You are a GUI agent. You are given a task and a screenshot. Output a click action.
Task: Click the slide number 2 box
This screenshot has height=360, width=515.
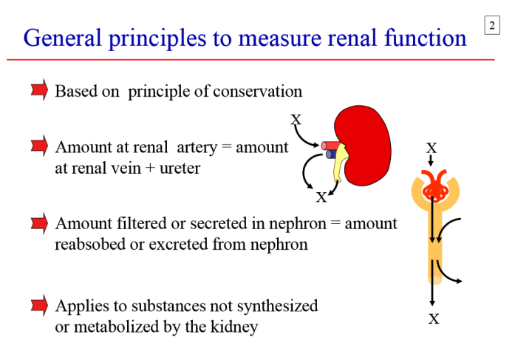coord(492,27)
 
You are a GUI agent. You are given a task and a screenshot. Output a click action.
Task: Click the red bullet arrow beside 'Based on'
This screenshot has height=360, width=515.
coord(40,90)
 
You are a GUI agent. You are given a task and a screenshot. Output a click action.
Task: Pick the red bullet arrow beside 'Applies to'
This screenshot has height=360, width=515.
coord(40,305)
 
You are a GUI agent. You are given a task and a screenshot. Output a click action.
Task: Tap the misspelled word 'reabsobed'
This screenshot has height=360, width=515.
coord(90,243)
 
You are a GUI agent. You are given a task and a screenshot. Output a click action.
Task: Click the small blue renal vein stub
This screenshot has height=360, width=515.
coord(329,154)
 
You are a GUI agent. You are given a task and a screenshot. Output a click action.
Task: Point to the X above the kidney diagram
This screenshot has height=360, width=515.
coord(296,119)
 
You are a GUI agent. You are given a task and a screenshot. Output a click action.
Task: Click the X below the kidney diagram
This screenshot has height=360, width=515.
coord(321,197)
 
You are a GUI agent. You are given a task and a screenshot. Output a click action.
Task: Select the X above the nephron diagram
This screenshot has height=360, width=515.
coord(432,148)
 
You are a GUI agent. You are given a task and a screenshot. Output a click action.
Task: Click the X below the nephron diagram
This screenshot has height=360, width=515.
coord(434,319)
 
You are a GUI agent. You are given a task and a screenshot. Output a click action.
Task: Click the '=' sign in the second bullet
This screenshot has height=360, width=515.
coord(227,147)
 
